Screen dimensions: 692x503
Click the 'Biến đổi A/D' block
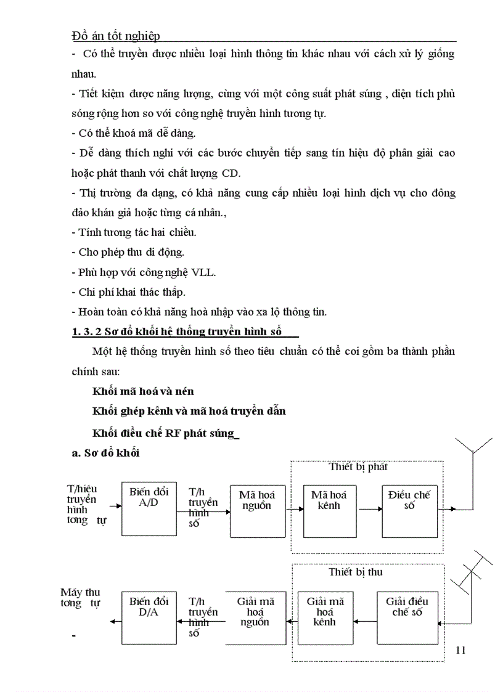point(149,508)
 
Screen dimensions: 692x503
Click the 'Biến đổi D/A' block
point(149,617)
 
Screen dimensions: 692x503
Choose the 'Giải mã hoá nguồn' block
point(257,617)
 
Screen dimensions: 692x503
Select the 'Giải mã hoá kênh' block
point(325,617)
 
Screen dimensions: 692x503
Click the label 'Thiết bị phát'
point(358,467)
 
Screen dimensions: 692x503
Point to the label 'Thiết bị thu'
point(356,572)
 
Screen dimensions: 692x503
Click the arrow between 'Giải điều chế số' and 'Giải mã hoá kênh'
point(364,623)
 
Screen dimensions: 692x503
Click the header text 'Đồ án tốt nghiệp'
point(116,36)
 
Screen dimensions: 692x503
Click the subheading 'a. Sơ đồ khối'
point(106,453)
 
